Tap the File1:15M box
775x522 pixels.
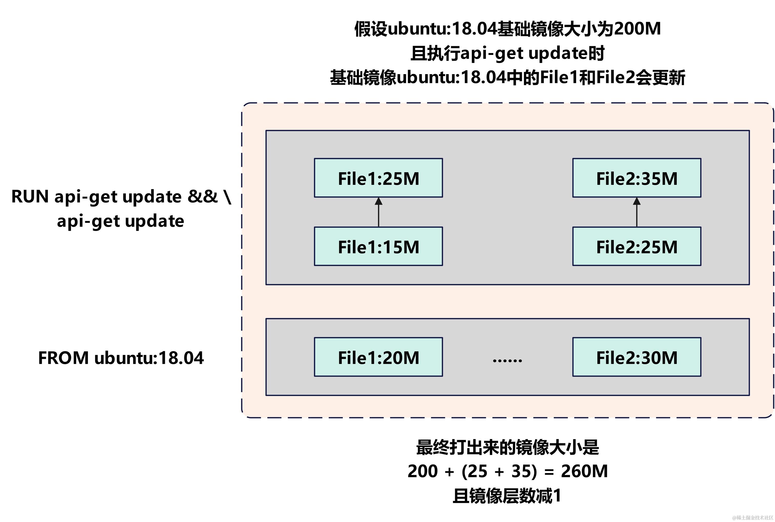pos(378,247)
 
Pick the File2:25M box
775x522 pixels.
pos(637,247)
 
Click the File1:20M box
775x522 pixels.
pos(378,357)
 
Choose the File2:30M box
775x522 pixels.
pos(637,357)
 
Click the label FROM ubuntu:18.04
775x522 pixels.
pos(121,358)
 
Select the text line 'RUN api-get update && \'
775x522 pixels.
pos(121,196)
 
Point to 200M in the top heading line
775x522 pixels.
pos(637,29)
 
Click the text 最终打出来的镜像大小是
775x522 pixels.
pos(507,447)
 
